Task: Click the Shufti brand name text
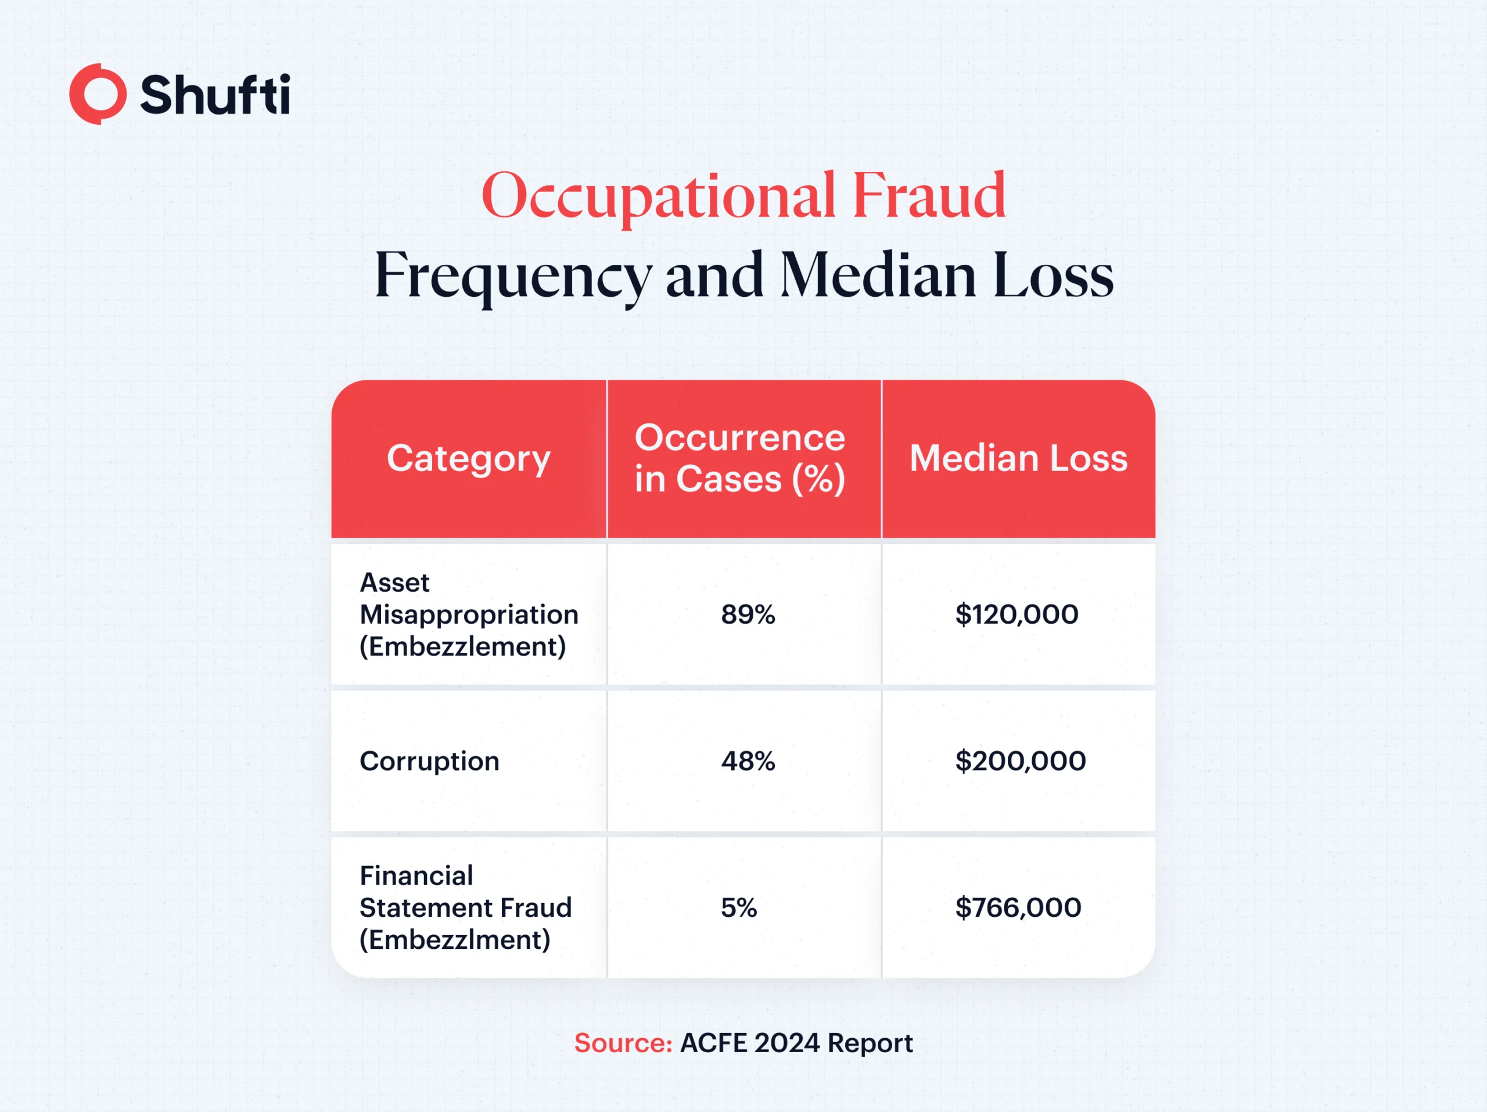[x=215, y=93]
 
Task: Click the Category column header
[x=469, y=458]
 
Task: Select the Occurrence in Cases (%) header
[x=740, y=458]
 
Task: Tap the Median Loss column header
[x=1018, y=458]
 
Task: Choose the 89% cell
[x=748, y=614]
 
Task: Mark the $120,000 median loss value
[x=1017, y=614]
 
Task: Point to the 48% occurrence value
[x=748, y=761]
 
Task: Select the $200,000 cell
[x=1021, y=761]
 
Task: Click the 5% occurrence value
[x=739, y=908]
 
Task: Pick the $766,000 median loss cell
[x=1018, y=908]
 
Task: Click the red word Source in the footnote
[x=623, y=1043]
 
